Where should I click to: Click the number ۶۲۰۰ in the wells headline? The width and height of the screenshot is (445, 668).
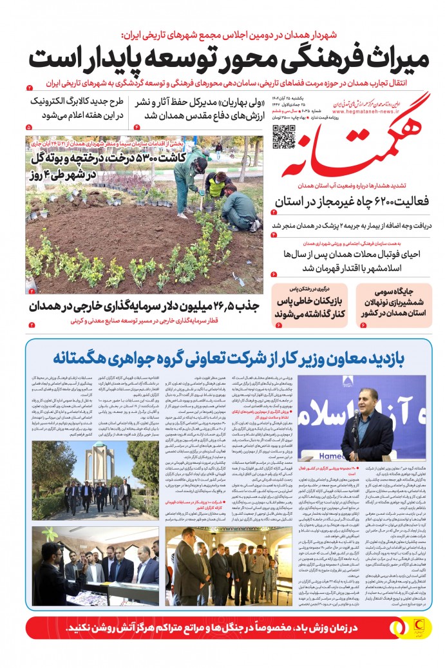(352, 201)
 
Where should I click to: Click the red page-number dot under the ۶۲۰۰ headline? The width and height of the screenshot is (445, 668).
(274, 211)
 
